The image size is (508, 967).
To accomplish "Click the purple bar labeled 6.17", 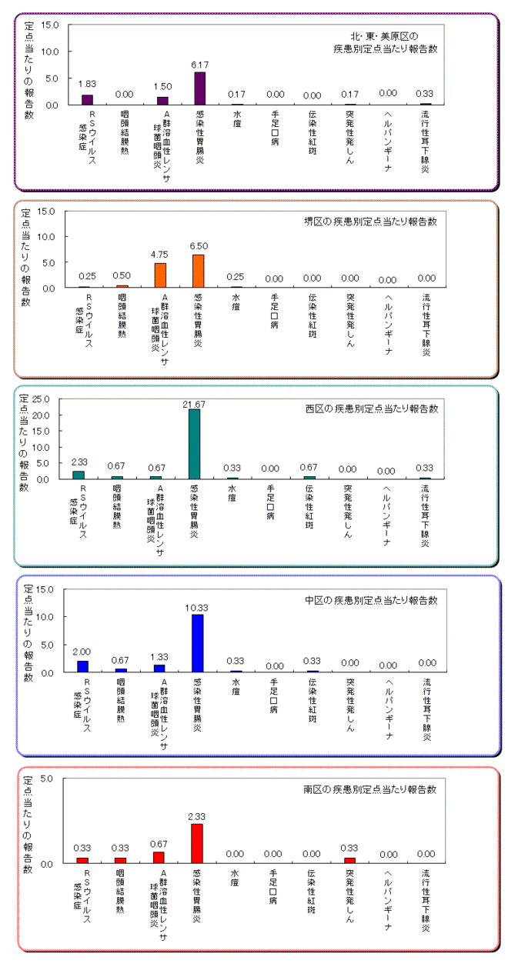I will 199,88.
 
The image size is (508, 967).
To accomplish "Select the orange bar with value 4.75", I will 160,275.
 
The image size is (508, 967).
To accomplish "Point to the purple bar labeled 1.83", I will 87,100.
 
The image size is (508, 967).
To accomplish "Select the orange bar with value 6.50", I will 198,270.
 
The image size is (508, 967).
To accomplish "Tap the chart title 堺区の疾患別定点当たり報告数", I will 370,222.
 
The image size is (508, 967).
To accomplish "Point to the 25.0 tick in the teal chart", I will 42,398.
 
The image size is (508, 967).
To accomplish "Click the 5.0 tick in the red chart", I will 46,779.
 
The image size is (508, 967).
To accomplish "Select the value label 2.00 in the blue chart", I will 82,651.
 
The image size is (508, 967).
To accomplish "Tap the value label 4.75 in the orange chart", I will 159,253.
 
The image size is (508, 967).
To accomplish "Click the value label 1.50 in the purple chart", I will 162,87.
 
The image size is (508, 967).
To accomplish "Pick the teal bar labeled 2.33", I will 79,475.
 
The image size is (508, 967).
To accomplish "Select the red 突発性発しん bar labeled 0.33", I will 350,860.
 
